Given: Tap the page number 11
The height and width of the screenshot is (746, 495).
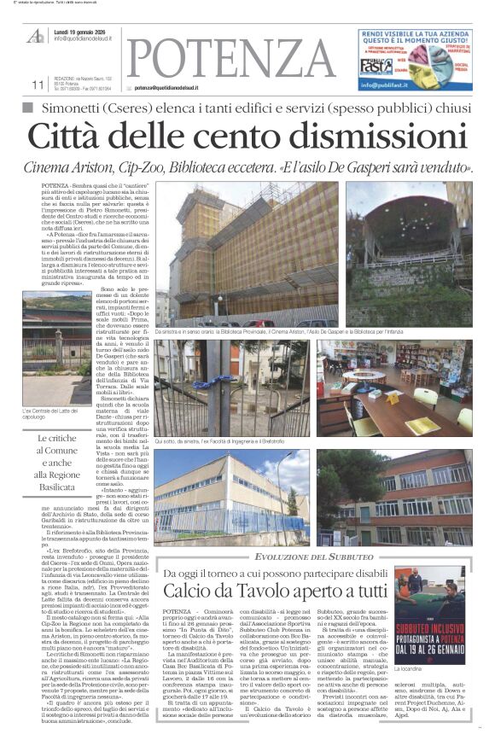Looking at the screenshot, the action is point(36,85).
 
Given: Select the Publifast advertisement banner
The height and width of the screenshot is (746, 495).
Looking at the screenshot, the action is point(413,58).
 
